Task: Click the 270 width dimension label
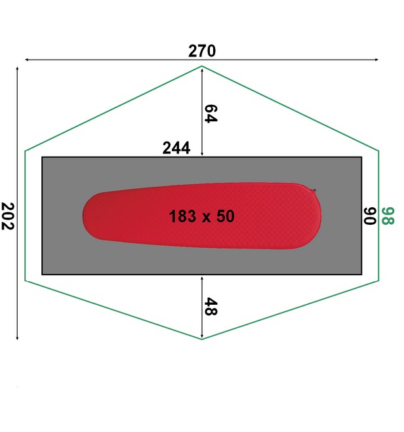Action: (202, 51)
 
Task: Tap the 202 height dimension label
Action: (8, 216)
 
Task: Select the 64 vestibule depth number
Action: (211, 113)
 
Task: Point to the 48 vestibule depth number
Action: (211, 306)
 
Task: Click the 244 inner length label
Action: (176, 148)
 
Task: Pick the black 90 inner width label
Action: (370, 216)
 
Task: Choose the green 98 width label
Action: (388, 216)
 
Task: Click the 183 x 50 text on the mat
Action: (202, 216)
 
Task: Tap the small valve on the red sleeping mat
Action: (314, 190)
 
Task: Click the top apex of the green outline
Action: (202, 66)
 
